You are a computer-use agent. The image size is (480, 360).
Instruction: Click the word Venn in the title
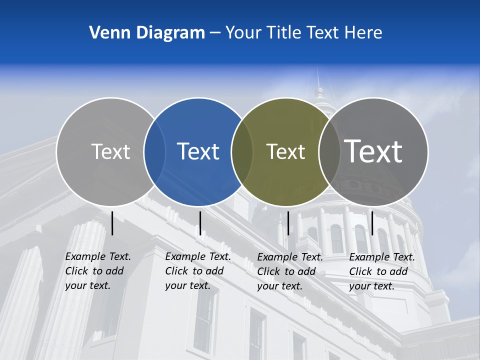(106, 32)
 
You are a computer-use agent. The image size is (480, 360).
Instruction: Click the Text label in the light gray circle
(110, 151)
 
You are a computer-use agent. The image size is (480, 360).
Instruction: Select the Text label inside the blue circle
(198, 151)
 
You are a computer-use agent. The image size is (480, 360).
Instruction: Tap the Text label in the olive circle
(285, 151)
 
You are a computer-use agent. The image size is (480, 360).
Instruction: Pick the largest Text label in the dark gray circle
(373, 151)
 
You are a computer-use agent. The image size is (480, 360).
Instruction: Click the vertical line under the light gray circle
(112, 223)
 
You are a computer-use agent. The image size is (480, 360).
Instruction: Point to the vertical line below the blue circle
(200, 223)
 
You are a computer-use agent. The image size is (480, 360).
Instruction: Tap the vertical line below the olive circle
(288, 223)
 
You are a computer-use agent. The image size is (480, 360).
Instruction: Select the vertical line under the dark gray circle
(372, 223)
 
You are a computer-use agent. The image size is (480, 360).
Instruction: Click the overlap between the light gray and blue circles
(155, 151)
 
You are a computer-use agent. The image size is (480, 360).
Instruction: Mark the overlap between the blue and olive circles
(242, 151)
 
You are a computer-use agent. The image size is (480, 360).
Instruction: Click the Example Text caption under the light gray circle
(98, 271)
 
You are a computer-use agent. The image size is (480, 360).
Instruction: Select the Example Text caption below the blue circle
(198, 271)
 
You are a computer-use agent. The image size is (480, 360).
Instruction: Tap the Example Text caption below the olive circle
(290, 271)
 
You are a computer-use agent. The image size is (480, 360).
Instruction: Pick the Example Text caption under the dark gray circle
(382, 271)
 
